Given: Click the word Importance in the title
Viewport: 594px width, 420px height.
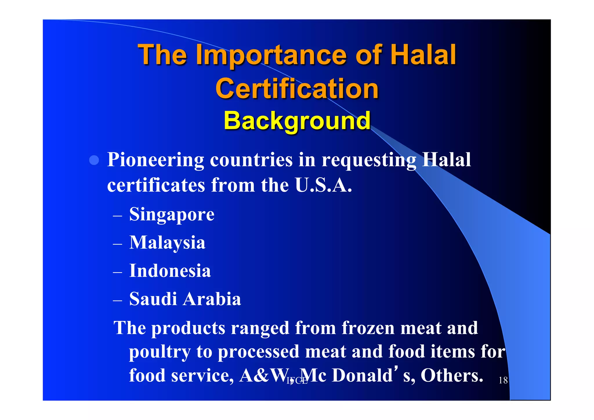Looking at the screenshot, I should click(271, 55).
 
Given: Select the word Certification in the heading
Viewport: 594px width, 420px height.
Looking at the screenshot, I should click(297, 89).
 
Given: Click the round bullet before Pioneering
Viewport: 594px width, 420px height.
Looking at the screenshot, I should click(94, 160).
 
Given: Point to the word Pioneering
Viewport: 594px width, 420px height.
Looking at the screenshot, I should click(156, 160).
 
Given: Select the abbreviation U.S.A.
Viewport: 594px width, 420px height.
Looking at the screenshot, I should click(323, 185).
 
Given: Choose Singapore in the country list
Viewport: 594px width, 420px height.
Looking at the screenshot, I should click(172, 214).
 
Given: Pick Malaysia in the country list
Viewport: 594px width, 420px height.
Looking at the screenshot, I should click(167, 242).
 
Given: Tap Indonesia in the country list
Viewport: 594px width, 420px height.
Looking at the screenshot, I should click(170, 271).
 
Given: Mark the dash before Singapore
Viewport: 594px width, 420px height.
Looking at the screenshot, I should click(117, 216).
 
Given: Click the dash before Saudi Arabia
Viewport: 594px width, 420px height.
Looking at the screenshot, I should click(117, 301).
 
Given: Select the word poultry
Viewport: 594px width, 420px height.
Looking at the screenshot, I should click(160, 352).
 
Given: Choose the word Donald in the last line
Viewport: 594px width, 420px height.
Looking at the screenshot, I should click(362, 375).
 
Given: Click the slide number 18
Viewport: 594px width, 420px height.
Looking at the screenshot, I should click(503, 380).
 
